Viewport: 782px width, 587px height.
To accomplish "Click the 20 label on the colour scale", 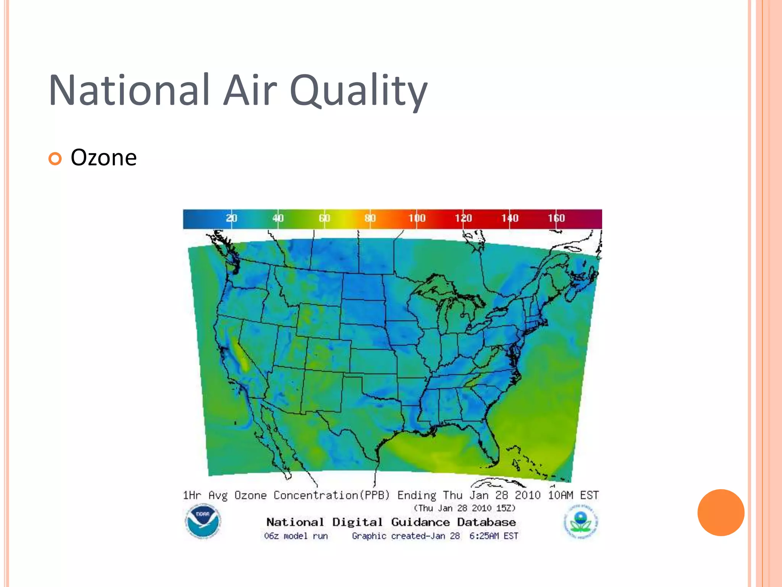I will tap(231, 218).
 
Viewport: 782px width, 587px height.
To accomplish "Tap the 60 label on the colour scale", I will tap(324, 218).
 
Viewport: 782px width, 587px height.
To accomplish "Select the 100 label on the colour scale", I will tap(417, 218).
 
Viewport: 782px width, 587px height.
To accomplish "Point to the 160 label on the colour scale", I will tap(556, 218).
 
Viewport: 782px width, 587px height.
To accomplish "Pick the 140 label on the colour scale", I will tap(510, 218).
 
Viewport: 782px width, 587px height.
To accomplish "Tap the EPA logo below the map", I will tap(581, 522).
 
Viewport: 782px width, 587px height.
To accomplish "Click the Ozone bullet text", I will tap(103, 157).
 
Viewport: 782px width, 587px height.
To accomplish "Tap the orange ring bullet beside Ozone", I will tap(55, 159).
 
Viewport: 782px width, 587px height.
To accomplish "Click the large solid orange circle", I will tap(721, 512).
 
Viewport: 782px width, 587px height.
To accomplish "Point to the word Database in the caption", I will tap(486, 522).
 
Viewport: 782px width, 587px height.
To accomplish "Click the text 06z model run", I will tap(296, 536).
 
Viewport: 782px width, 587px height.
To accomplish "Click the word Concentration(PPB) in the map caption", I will tap(331, 495).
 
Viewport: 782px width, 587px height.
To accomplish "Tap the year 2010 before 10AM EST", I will tap(527, 495).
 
